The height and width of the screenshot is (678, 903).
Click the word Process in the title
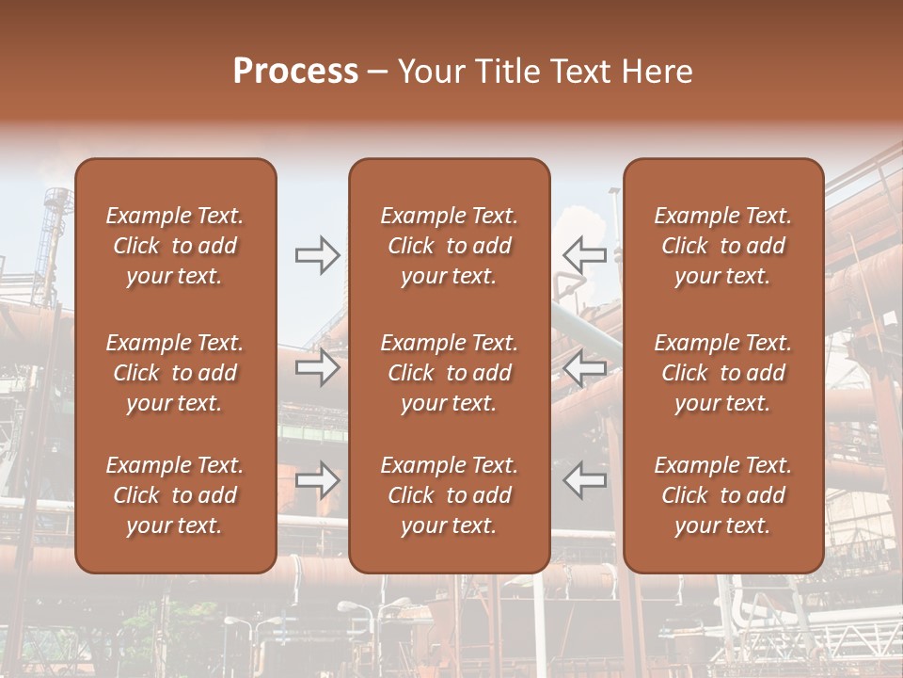pos(295,72)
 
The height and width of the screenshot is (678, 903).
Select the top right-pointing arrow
pos(317,255)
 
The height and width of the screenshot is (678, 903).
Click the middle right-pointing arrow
pos(317,367)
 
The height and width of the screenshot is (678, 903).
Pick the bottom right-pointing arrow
pos(317,480)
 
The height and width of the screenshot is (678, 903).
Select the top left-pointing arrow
pos(585,255)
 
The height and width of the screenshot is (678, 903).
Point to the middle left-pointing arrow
pos(585,367)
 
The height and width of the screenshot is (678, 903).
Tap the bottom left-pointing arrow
pos(585,480)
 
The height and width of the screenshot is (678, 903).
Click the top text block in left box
pos(175,246)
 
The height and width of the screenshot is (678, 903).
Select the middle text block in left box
pos(175,373)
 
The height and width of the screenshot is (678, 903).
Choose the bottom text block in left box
pos(175,495)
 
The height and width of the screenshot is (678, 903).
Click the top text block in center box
pos(450,246)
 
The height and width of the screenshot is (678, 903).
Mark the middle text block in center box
pos(450,373)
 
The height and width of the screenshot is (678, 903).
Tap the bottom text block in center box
pos(450,495)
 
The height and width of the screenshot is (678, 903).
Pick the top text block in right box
pos(723,246)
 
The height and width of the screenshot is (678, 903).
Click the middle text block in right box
pos(723,373)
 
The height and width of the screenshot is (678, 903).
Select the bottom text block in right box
pos(723,495)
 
